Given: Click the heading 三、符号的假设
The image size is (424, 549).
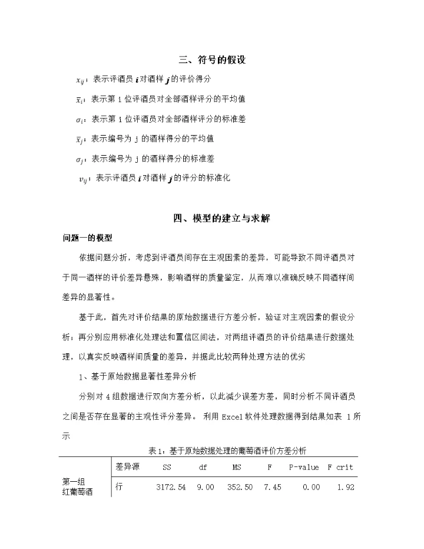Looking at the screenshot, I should point(212,60).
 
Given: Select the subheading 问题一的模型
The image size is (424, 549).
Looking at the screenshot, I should point(91,238).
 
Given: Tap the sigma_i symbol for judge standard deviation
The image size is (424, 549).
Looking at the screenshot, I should point(81,119).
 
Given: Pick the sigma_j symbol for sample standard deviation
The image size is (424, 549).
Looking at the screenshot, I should point(81,158).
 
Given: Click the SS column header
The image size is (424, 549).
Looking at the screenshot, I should point(167,468).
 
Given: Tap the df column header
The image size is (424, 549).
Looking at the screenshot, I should point(203,468).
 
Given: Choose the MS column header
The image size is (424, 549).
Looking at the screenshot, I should point(237,468).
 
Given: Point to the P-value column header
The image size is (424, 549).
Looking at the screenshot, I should point(303,468).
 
